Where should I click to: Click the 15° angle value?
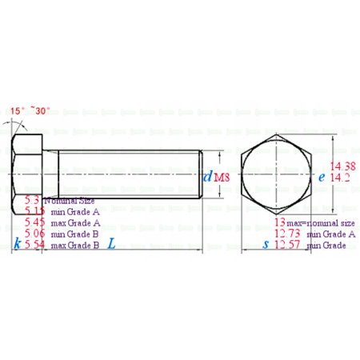click(18, 111)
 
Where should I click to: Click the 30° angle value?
click(42, 111)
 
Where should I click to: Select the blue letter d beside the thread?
click(207, 177)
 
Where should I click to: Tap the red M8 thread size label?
click(222, 177)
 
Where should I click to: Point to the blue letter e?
click(321, 178)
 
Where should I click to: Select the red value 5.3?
click(33, 199)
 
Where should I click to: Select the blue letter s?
click(266, 245)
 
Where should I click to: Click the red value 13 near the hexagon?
click(279, 222)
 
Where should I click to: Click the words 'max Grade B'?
click(75, 246)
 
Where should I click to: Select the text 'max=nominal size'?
click(320, 222)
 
